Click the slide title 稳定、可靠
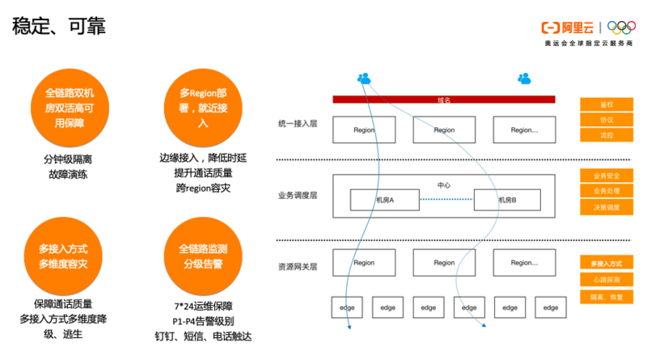[58, 27]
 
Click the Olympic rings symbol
[621, 27]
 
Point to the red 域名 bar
[444, 100]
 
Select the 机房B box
[506, 200]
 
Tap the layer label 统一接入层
[298, 125]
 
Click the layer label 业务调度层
[298, 195]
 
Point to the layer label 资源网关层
[298, 265]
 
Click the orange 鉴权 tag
[606, 104]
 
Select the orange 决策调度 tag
[606, 208]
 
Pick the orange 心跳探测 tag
[606, 280]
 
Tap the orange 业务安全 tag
[606, 175]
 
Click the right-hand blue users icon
[524, 78]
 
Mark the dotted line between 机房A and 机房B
[445, 200]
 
